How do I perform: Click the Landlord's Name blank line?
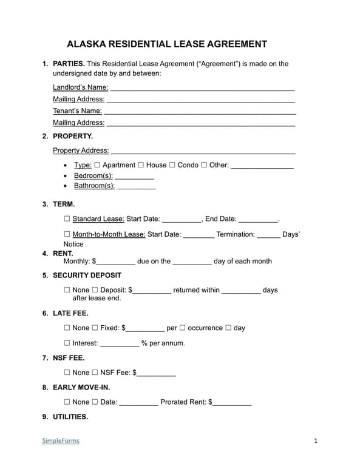click(x=202, y=88)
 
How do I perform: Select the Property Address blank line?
click(x=203, y=151)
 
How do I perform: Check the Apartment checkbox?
click(x=97, y=165)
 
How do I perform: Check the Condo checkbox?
click(x=172, y=165)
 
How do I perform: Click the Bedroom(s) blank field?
click(x=134, y=177)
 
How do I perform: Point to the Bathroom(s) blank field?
click(x=136, y=187)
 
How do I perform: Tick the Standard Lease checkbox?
click(x=67, y=219)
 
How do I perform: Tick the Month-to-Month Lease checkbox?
click(x=67, y=234)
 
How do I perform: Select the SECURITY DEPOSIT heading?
click(x=87, y=275)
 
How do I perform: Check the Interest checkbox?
click(x=67, y=343)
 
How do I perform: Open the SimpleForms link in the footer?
click(x=61, y=441)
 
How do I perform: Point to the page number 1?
click(x=316, y=441)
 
